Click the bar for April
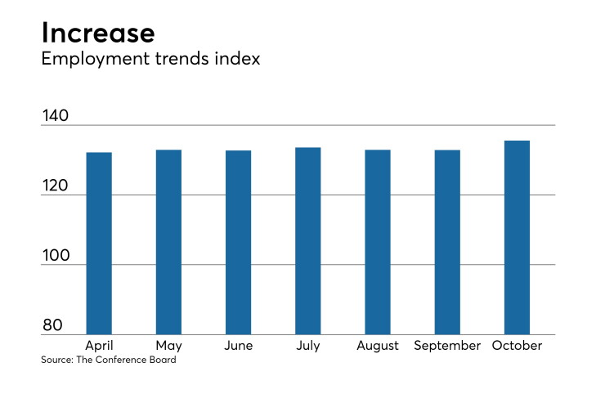[99, 243]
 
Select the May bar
[168, 242]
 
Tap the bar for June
[239, 242]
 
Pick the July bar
[308, 241]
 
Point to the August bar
[378, 242]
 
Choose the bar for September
[447, 242]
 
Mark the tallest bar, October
[517, 237]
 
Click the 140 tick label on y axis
[55, 115]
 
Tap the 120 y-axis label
[55, 186]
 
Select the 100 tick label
[56, 255]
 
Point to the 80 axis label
[52, 325]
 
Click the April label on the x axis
[99, 346]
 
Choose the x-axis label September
[447, 346]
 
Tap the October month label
[517, 345]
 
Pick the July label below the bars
[308, 346]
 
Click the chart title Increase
[98, 33]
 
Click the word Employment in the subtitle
[96, 60]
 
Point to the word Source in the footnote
[57, 360]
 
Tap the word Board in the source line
[164, 360]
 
